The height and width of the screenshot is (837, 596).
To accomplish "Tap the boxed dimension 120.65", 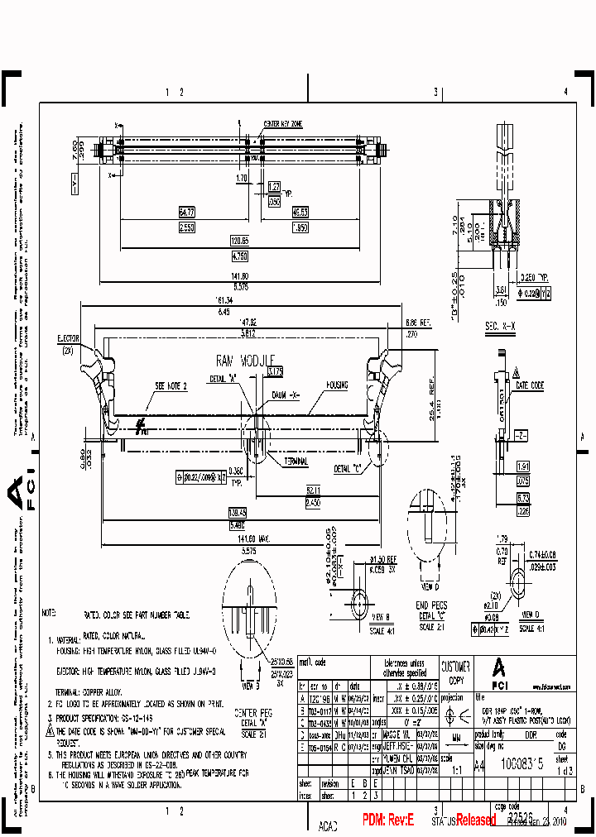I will (x=239, y=240).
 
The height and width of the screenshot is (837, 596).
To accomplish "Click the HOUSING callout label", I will (x=337, y=385).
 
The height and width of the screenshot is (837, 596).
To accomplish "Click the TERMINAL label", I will (x=296, y=461).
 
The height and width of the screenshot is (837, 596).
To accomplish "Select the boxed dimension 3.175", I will (x=275, y=371).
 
